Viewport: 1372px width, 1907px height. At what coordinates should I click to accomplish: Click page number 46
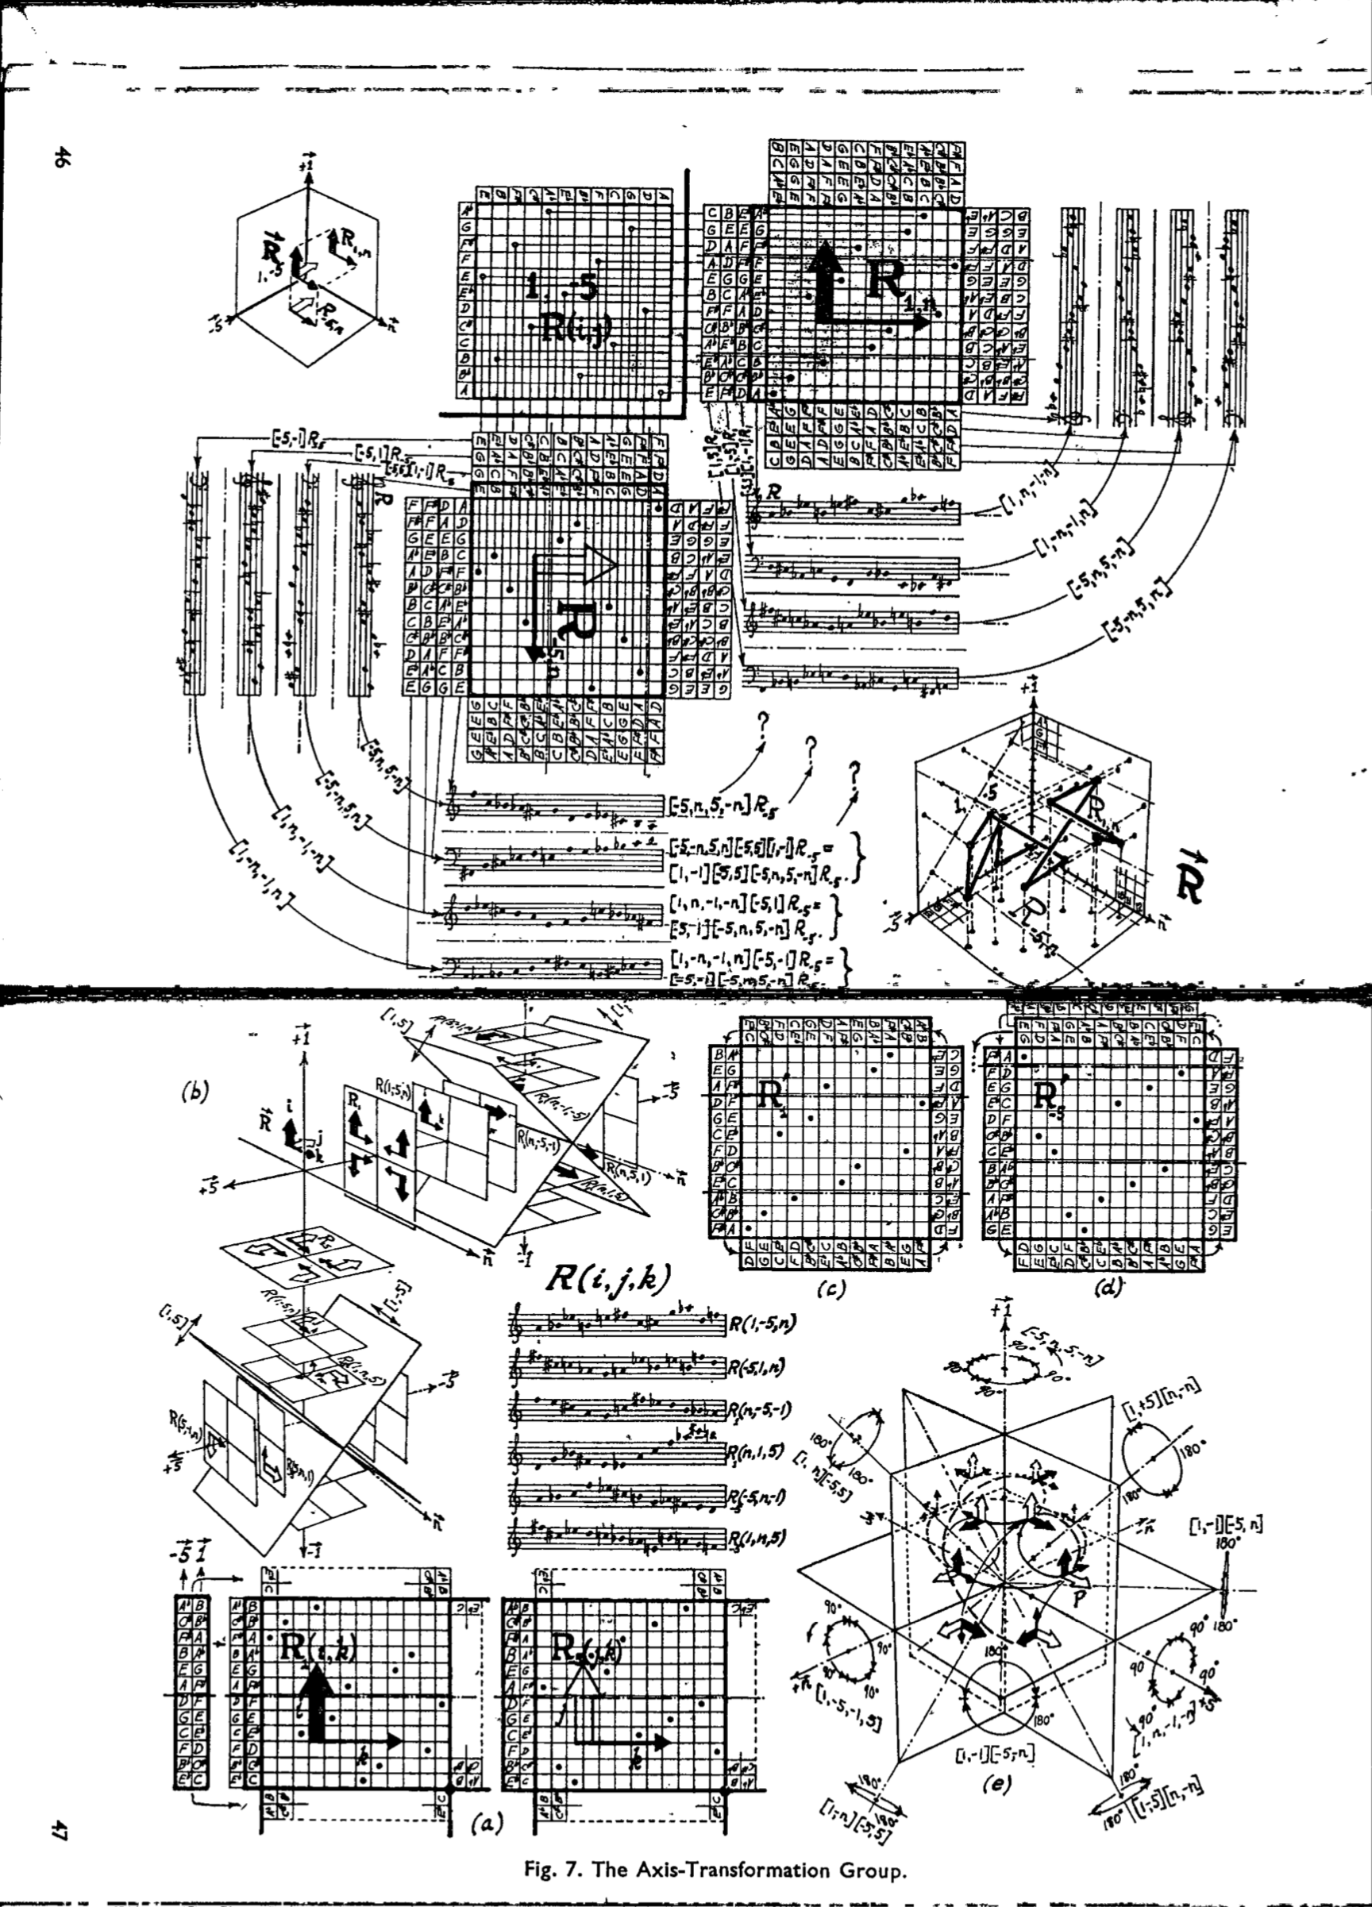[x=60, y=155]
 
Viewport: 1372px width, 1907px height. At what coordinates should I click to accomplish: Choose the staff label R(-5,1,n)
[x=761, y=1366]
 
